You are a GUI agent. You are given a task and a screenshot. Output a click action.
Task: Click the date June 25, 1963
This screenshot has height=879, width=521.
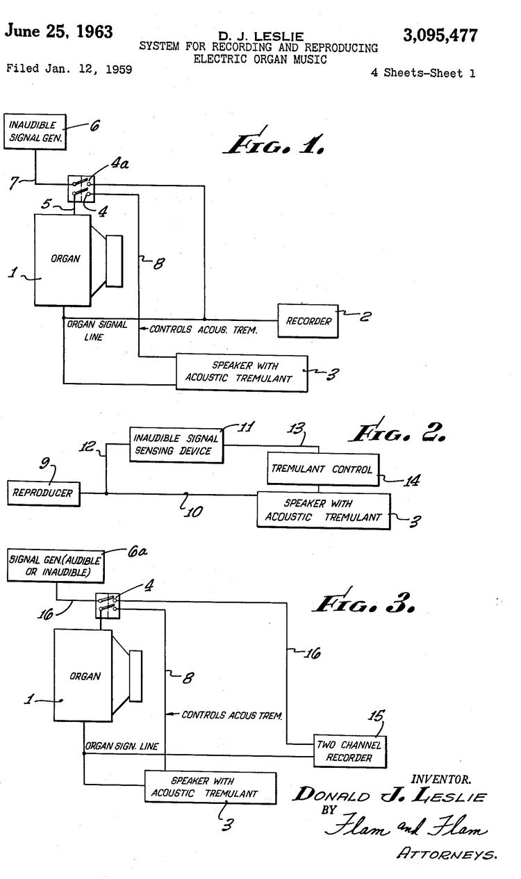[x=59, y=31]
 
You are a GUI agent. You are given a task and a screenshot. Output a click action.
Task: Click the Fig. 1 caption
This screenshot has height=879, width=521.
[x=274, y=143]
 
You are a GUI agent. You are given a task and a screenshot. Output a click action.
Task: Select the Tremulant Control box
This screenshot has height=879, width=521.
[x=322, y=469]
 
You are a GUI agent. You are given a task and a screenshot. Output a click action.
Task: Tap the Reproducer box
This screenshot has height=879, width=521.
[x=43, y=493]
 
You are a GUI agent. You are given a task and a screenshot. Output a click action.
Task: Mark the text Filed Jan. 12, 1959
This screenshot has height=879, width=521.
[x=69, y=69]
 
